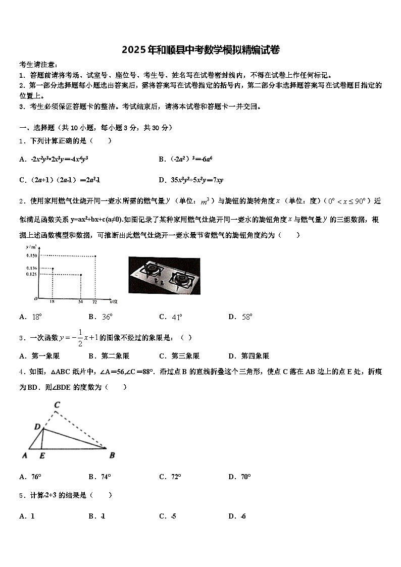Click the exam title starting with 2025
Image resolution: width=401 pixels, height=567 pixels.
click(201, 49)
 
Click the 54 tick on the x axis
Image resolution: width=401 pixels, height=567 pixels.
click(81, 301)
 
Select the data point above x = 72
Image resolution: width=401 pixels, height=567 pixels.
click(95, 256)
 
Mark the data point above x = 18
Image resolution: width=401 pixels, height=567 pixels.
click(53, 268)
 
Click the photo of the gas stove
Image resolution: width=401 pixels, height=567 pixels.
click(164, 275)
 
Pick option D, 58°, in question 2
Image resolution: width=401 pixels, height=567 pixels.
click(240, 317)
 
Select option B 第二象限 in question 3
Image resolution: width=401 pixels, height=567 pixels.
click(109, 356)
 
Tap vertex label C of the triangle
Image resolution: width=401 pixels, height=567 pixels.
click(57, 405)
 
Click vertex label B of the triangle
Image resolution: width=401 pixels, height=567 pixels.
click(112, 455)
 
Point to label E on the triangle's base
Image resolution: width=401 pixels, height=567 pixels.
click(41, 455)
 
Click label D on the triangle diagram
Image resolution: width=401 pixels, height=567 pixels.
click(37, 427)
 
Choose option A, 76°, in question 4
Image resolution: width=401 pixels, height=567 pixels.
click(30, 477)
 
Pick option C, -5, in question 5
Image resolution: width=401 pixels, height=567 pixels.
click(168, 516)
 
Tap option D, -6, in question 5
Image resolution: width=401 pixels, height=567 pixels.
click(237, 516)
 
